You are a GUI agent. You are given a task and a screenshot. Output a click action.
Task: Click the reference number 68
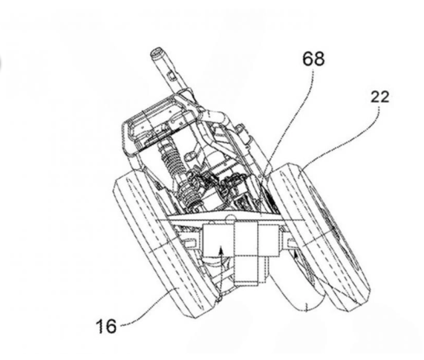(313, 59)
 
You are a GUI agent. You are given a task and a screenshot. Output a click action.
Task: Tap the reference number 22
(379, 96)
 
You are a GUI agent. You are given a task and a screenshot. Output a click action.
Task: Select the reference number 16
(106, 326)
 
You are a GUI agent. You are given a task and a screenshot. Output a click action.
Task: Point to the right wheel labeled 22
(319, 237)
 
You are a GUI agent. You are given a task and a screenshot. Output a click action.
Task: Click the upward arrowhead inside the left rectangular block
(221, 250)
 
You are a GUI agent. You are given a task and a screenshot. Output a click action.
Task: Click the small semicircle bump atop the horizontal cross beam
(230, 217)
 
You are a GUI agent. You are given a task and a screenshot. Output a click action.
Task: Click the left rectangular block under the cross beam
(218, 240)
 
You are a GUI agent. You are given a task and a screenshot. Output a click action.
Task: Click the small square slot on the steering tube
(171, 76)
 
